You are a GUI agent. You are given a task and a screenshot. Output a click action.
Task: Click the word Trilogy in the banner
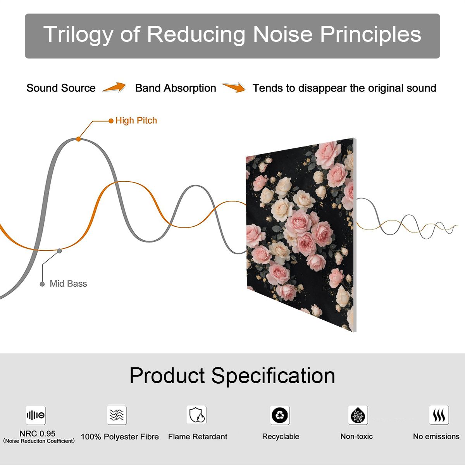[x=78, y=35]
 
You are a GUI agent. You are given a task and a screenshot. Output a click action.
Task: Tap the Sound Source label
[x=61, y=88]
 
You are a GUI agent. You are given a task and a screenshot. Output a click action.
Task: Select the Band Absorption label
[x=176, y=88]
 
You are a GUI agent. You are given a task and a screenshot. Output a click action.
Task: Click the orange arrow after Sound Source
[x=114, y=87]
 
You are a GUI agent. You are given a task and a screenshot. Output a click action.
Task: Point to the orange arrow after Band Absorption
[x=234, y=87]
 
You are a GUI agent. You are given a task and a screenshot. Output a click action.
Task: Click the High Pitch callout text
[x=136, y=121]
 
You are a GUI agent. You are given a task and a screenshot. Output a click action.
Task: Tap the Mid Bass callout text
[x=68, y=284]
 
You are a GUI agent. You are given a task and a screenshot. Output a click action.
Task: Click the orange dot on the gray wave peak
[x=78, y=139]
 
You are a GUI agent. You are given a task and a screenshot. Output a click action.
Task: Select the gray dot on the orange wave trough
[x=59, y=251]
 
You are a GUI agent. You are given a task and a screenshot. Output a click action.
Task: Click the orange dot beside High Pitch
[x=111, y=121]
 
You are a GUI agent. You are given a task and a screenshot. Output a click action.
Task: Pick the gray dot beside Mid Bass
[x=42, y=284]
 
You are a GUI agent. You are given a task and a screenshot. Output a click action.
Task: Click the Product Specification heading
[x=232, y=376]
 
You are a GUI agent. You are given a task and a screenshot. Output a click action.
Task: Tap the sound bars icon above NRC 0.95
[x=36, y=415]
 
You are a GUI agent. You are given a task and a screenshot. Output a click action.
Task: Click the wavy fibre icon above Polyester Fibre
[x=117, y=415]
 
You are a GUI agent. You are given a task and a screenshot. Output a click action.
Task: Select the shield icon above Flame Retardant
[x=197, y=415]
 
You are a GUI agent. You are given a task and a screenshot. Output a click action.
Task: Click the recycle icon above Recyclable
[x=280, y=415]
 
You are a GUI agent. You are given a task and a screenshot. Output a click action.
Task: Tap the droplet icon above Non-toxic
[x=358, y=415]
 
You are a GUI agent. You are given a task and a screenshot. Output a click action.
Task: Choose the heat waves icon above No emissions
[x=439, y=415]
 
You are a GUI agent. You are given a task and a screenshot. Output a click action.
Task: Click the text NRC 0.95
[x=38, y=434]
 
